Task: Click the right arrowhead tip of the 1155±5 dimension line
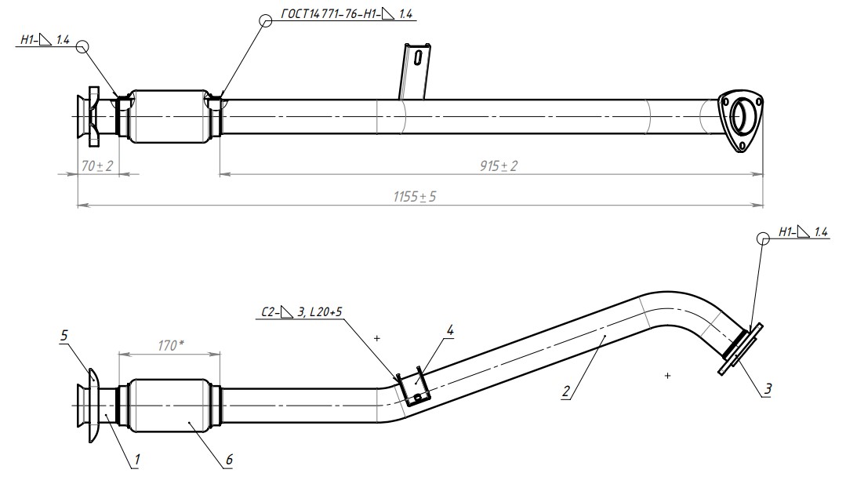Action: [764, 205]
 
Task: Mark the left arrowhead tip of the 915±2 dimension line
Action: [220, 174]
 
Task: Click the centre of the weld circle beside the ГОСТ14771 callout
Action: [266, 20]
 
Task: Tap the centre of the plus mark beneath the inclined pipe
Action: [667, 375]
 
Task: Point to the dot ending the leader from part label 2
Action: [605, 336]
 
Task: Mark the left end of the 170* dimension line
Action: [118, 354]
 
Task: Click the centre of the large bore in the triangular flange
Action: [739, 117]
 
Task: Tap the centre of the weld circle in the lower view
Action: [763, 238]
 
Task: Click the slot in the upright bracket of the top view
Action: [417, 56]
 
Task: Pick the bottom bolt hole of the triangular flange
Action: [742, 146]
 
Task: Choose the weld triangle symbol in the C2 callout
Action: [286, 312]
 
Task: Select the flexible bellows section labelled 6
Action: [169, 406]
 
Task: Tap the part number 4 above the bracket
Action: [449, 330]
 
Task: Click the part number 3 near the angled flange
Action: [768, 388]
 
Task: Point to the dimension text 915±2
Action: [499, 166]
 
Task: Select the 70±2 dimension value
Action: [97, 166]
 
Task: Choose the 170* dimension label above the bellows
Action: [171, 345]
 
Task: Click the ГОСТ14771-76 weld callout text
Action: [347, 15]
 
